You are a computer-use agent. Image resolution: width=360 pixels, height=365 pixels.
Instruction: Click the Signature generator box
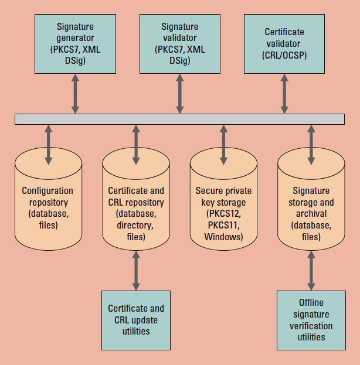coord(75,44)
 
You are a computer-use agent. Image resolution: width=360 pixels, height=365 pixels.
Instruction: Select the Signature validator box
coord(179,44)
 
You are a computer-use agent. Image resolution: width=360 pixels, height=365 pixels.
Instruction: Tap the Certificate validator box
coord(284,44)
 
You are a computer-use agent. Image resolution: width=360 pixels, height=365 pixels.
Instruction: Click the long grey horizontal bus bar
coord(179,118)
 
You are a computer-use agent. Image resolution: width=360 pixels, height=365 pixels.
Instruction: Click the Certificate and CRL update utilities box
coord(136,319)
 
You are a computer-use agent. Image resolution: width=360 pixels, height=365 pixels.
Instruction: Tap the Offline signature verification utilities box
coord(311,320)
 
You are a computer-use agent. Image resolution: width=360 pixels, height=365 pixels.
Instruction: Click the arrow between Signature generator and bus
coord(75,93)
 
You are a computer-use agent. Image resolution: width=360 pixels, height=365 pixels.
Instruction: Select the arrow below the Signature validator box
coord(179,93)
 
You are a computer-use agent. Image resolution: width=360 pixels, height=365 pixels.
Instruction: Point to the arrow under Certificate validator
coord(284,93)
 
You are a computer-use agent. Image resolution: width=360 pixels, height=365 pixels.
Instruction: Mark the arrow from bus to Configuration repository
coord(48,144)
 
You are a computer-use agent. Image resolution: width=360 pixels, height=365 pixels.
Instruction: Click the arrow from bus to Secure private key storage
coord(223,144)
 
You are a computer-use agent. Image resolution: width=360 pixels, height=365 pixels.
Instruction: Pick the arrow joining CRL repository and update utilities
coord(136,270)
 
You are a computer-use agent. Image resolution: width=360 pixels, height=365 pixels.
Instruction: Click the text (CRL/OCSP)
coord(284,56)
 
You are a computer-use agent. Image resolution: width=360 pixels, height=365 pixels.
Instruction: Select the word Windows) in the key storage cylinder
coord(223,237)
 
